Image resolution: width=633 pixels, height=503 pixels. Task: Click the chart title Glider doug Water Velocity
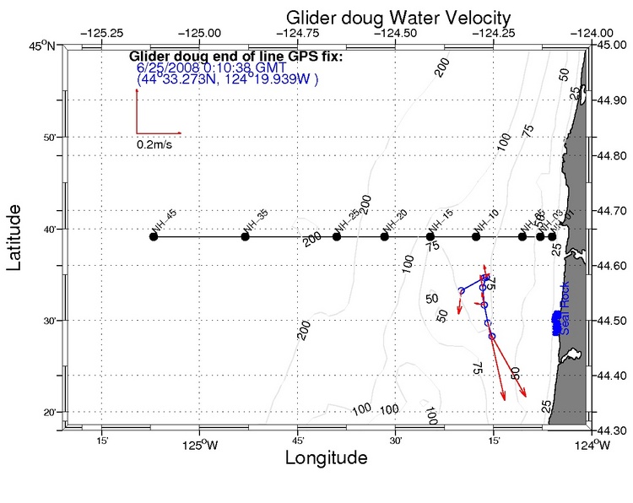pyautogui.click(x=398, y=17)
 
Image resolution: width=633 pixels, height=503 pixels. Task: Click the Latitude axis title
pyautogui.click(x=15, y=236)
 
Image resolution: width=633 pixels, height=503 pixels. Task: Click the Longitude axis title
pyautogui.click(x=326, y=458)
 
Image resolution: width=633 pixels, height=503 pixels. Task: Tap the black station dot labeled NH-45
pyautogui.click(x=154, y=236)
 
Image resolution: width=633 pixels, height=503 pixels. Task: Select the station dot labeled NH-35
pyautogui.click(x=246, y=236)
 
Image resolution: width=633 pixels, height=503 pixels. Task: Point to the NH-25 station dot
pyautogui.click(x=337, y=236)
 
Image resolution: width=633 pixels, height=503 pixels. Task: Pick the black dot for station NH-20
pyautogui.click(x=385, y=236)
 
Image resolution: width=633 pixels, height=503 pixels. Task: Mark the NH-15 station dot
pyautogui.click(x=430, y=236)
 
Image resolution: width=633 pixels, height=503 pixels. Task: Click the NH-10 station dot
pyautogui.click(x=476, y=236)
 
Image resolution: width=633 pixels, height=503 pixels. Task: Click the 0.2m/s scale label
pyautogui.click(x=155, y=144)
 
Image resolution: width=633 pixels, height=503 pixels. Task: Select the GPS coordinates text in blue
pyautogui.click(x=227, y=80)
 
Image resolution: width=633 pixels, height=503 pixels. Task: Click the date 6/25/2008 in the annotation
pyautogui.click(x=165, y=68)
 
